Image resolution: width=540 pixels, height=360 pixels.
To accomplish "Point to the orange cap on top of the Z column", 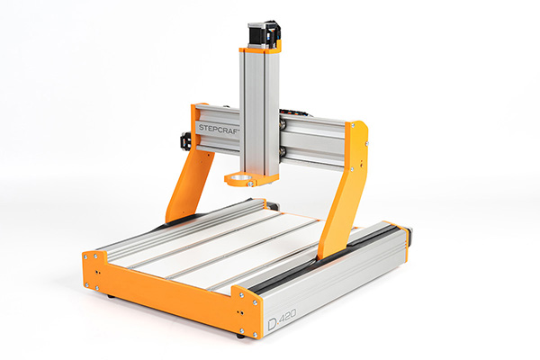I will click(261, 47).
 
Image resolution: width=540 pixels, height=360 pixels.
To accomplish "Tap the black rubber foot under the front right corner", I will click(242, 336).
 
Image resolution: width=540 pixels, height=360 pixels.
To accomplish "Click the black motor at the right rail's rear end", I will click(409, 236).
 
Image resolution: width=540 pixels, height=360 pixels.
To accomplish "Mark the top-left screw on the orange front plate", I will click(87, 256).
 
